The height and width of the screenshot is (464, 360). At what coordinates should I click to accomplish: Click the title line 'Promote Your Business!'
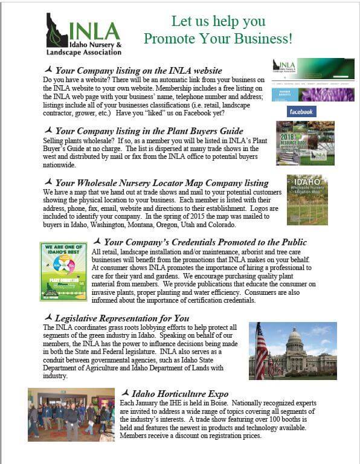pos(218,40)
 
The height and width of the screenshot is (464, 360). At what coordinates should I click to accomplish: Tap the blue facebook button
pos(301,112)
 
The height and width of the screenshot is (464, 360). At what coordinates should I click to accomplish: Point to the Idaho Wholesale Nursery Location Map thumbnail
pos(307,200)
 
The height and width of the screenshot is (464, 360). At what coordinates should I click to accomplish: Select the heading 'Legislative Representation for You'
pos(121,318)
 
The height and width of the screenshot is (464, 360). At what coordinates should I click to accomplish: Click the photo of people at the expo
pos(71,414)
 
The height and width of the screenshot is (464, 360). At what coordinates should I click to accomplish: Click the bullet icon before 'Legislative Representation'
pos(49,317)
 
